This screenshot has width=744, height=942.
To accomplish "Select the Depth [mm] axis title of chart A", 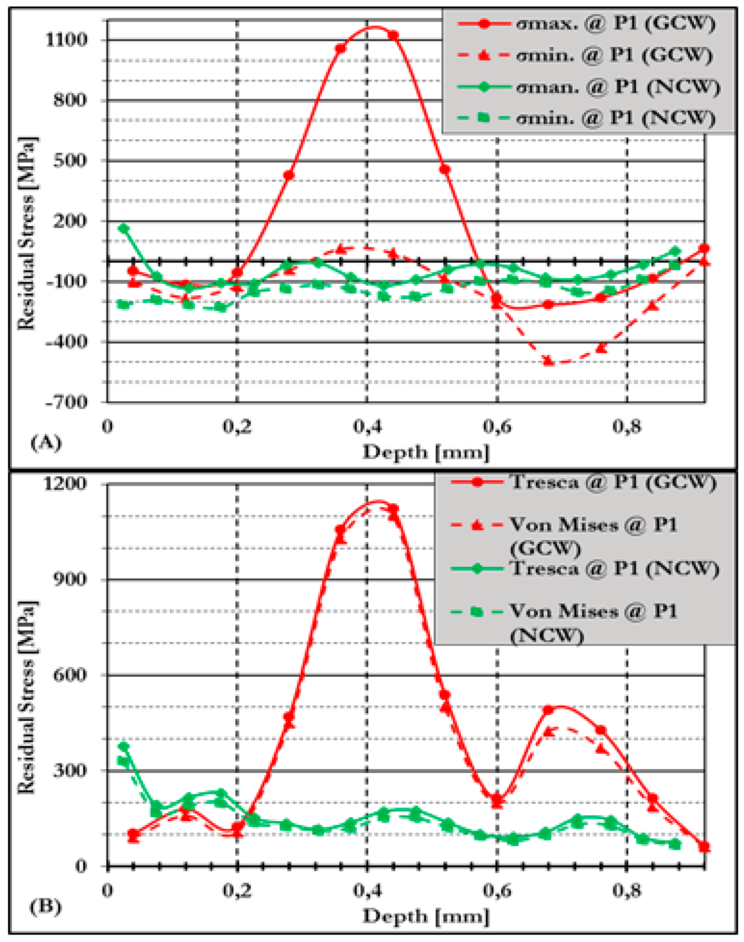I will pyautogui.click(x=426, y=452).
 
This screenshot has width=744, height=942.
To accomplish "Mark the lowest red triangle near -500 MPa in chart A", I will pyautogui.click(x=549, y=361).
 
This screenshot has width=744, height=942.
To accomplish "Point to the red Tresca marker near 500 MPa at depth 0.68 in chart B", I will pyautogui.click(x=548, y=710).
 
